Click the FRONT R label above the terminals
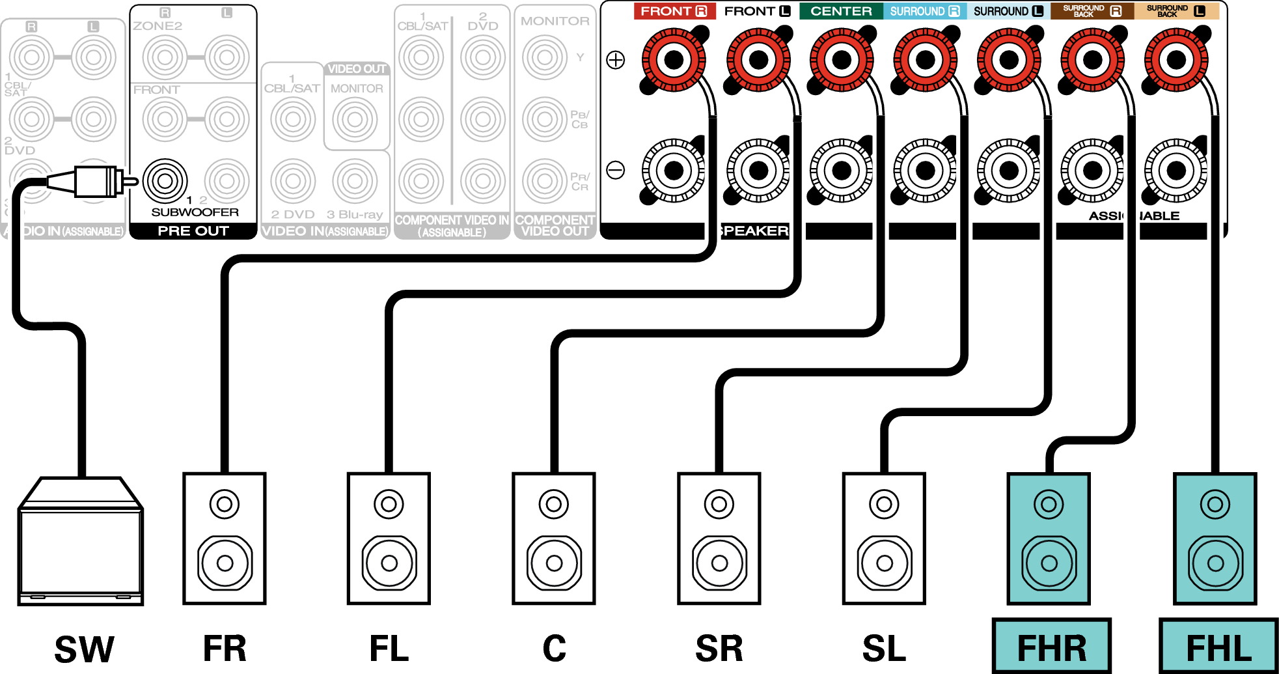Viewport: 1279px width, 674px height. [x=674, y=11]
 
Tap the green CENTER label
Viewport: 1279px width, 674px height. [x=841, y=11]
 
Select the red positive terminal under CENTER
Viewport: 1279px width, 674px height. [x=842, y=60]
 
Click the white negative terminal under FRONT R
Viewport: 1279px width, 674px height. [x=674, y=171]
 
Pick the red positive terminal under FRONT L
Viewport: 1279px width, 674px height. [x=758, y=60]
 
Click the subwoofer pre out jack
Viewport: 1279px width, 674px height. [x=165, y=180]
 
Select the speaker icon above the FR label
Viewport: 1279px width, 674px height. [x=225, y=539]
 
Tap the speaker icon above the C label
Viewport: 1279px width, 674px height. [x=554, y=539]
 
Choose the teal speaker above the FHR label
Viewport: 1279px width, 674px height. [x=1049, y=539]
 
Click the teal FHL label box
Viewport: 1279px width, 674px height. [x=1218, y=647]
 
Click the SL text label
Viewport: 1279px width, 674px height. [x=884, y=649]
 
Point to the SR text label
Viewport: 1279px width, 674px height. [x=719, y=649]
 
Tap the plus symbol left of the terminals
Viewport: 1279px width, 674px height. [x=616, y=60]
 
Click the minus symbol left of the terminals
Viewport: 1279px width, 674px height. [x=616, y=171]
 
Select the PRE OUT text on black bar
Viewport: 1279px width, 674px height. [x=193, y=231]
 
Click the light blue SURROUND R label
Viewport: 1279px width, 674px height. [x=925, y=11]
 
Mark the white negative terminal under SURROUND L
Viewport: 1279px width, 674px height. [x=1009, y=171]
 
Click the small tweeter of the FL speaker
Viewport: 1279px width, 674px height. [x=389, y=503]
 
